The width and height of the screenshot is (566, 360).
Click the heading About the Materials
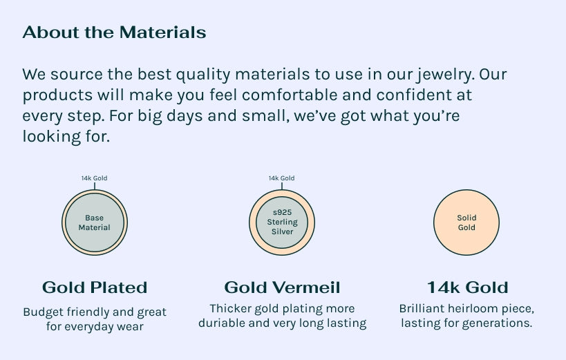pyautogui.click(x=114, y=32)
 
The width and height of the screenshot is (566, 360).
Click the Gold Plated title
pyautogui.click(x=95, y=287)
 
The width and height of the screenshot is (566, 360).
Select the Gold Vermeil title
pyautogui.click(x=282, y=287)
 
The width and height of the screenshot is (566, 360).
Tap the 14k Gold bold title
pyautogui.click(x=467, y=287)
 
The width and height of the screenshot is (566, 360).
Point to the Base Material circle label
pyautogui.click(x=94, y=222)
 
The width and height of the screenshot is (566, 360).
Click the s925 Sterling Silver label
pyautogui.click(x=282, y=222)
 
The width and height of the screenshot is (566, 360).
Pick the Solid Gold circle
pyautogui.click(x=466, y=222)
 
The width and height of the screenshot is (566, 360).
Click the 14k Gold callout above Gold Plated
pyautogui.click(x=94, y=178)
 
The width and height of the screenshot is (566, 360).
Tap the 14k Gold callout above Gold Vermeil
pyautogui.click(x=281, y=178)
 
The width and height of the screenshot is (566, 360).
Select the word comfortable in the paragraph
pyautogui.click(x=290, y=95)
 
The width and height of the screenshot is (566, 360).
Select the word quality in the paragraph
pyautogui.click(x=203, y=75)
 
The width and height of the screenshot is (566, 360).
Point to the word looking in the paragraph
pyautogui.click(x=52, y=137)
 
